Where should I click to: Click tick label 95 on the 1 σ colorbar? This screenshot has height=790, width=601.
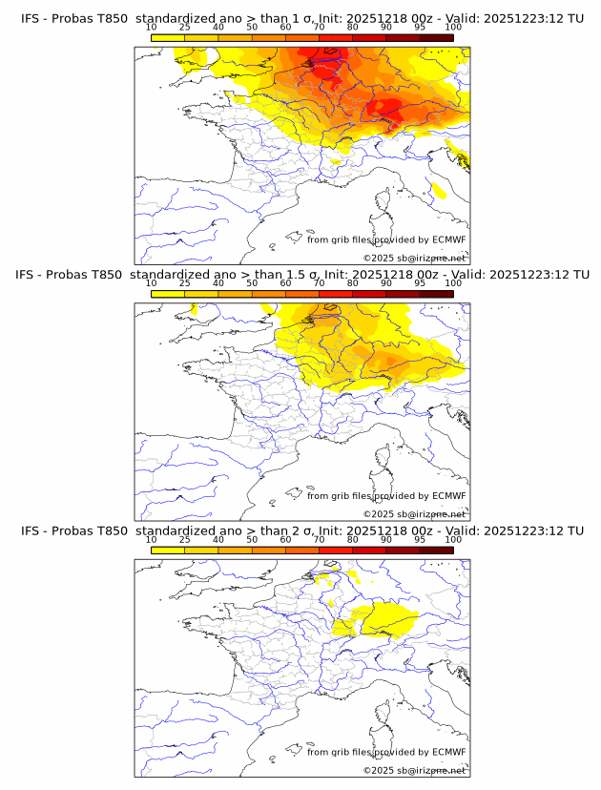[420, 27]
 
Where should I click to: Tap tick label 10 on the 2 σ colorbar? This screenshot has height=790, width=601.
[152, 539]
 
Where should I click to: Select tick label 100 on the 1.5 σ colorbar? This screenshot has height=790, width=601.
[453, 283]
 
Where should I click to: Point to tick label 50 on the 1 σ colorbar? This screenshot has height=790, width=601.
[252, 27]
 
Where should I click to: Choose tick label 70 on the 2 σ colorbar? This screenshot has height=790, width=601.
[319, 539]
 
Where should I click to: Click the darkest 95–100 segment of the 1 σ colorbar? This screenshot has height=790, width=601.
[436, 37]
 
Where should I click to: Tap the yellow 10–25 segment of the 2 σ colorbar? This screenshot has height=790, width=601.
[168, 550]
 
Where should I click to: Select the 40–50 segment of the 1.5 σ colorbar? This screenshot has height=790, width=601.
[235, 293]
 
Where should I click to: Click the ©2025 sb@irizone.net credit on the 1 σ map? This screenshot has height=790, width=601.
[414, 259]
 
